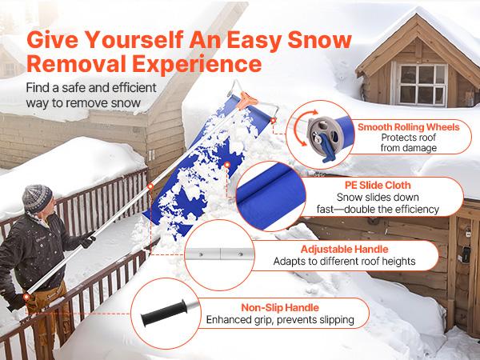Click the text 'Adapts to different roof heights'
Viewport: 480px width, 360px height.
pyautogui.click(x=343, y=261)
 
